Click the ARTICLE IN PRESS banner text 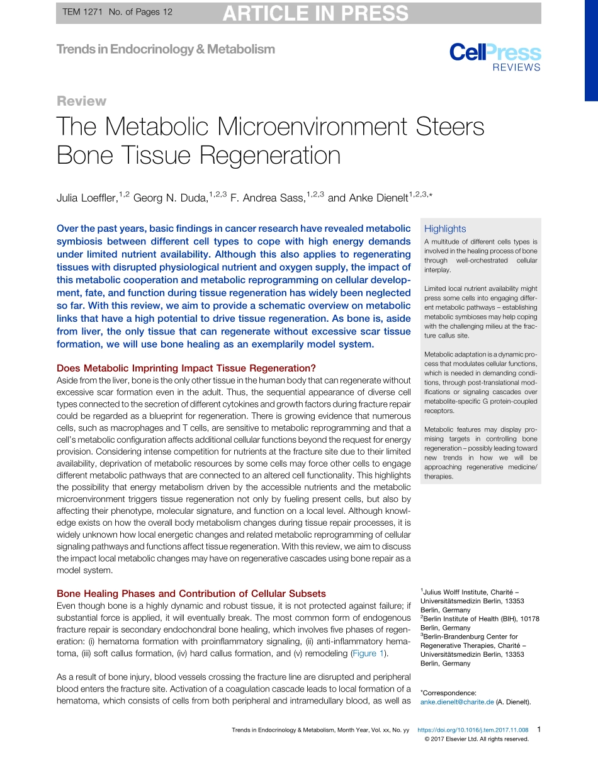pos(315,13)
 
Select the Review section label pos(81,101)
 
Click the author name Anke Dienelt pos(377,198)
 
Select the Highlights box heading pos(445,229)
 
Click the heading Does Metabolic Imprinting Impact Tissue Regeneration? pos(186,368)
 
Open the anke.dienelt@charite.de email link pos(457,702)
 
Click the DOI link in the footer pos(473,730)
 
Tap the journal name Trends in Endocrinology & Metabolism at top pos(166,49)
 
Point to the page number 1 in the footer pos(538,729)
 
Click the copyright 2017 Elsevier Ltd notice pos(477,739)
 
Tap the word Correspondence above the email pos(449,693)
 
